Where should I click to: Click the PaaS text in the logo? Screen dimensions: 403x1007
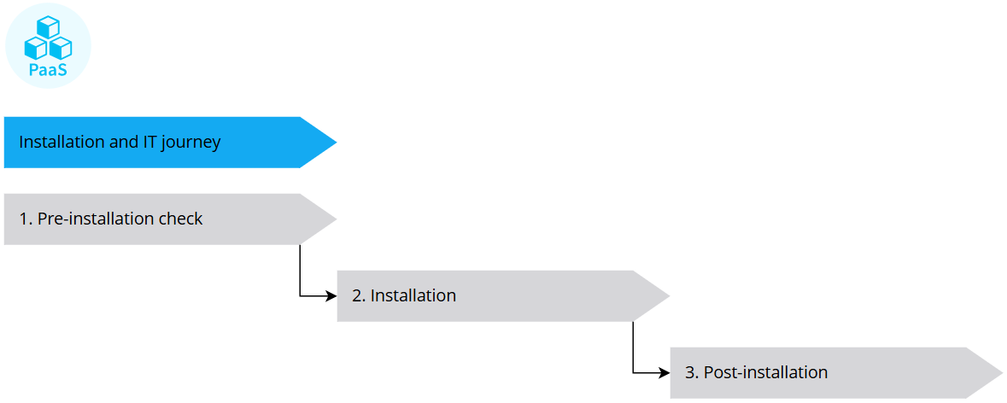pos(47,70)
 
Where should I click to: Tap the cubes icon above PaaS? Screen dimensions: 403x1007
pos(48,38)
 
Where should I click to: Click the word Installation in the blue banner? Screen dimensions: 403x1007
pos(62,143)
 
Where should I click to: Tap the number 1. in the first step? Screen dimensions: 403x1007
pos(26,219)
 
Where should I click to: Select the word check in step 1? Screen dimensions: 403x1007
pos(181,219)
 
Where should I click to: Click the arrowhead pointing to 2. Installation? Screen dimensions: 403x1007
pos(332,296)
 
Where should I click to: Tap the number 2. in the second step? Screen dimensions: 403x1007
pos(359,296)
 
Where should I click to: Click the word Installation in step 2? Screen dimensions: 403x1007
pos(413,296)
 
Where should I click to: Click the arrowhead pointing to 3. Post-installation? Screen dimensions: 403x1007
pos(665,373)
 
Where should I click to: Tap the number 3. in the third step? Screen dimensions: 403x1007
pos(692,373)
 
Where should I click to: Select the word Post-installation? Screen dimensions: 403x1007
pos(765,373)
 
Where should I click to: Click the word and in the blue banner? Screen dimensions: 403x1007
pos(124,143)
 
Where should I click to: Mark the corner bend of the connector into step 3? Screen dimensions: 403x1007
pos(633,373)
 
